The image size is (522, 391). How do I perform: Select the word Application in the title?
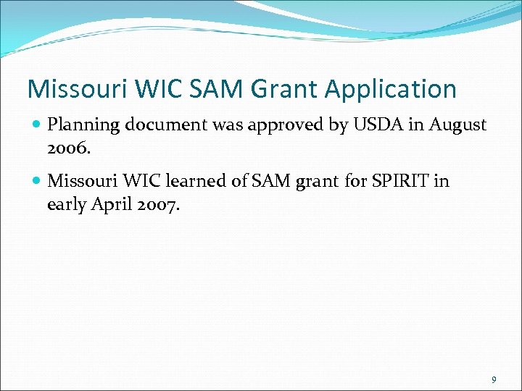(x=391, y=90)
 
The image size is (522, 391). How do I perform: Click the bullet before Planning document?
(x=37, y=125)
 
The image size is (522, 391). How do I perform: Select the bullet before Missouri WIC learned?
(x=37, y=181)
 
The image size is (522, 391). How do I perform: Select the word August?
(x=457, y=125)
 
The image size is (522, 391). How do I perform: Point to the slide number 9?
(x=494, y=379)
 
